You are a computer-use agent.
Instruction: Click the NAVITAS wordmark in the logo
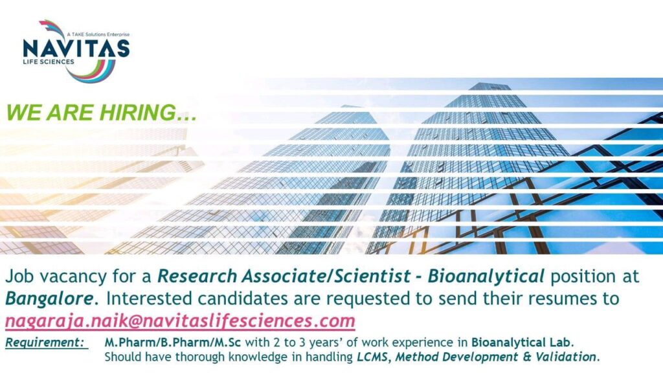tap(76, 48)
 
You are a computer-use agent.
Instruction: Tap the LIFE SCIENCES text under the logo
tap(49, 62)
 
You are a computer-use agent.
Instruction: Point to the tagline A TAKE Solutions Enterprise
tap(98, 34)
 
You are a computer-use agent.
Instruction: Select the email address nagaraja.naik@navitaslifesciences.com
tap(180, 321)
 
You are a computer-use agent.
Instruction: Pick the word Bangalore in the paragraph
tap(49, 299)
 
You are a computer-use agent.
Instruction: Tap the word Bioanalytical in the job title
tap(486, 277)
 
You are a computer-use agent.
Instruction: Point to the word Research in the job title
tap(197, 276)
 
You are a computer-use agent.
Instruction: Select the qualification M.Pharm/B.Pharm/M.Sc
tap(172, 342)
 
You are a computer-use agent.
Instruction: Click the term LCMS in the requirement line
tap(372, 357)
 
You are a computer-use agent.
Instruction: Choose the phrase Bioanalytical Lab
tap(523, 342)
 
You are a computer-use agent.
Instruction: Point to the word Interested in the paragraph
tap(148, 299)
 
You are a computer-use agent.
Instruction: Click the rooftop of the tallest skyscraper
tap(490, 86)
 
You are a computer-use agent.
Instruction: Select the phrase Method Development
tap(456, 357)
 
